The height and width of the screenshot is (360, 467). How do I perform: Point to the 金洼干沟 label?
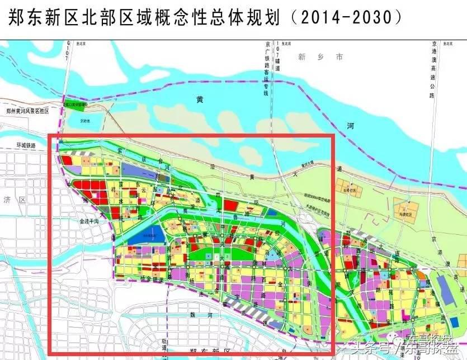pyautogui.click(x=89, y=222)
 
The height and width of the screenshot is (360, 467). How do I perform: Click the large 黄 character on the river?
pyautogui.click(x=200, y=100)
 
